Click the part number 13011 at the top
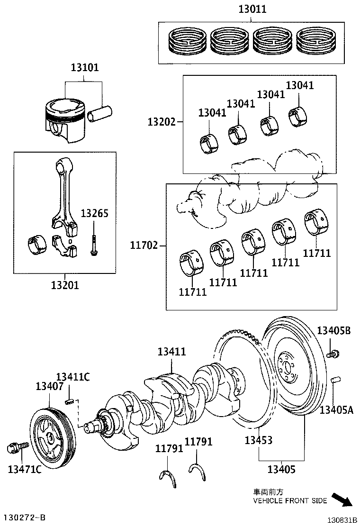[252, 9]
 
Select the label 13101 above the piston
[85, 68]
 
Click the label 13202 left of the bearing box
[161, 122]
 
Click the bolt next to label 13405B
[333, 354]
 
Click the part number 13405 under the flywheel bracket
[281, 470]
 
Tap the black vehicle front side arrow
[342, 500]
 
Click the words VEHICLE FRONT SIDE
[290, 500]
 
